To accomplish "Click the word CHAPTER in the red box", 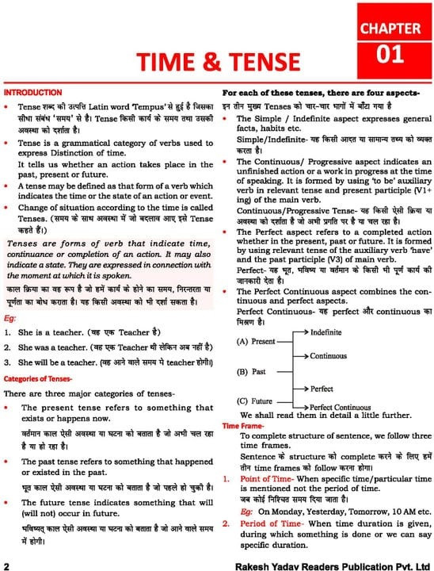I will (390, 29).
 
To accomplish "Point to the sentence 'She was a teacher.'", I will (49, 347).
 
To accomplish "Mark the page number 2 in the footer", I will (6, 565).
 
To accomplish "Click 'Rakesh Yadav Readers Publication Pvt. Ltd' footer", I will (322, 565).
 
